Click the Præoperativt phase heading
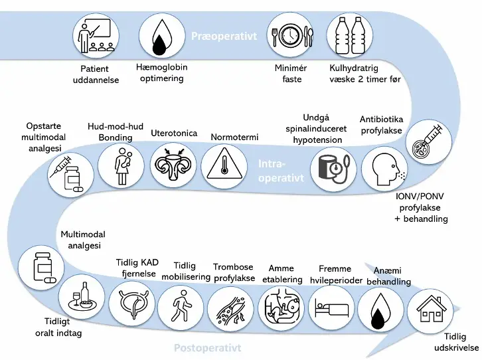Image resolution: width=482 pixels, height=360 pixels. pyautogui.click(x=223, y=37)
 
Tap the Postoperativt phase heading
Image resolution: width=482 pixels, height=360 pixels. pyautogui.click(x=207, y=347)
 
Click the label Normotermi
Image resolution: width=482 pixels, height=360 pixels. pyautogui.click(x=234, y=137)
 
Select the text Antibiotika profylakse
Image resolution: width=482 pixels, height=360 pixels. pyautogui.click(x=381, y=125)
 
